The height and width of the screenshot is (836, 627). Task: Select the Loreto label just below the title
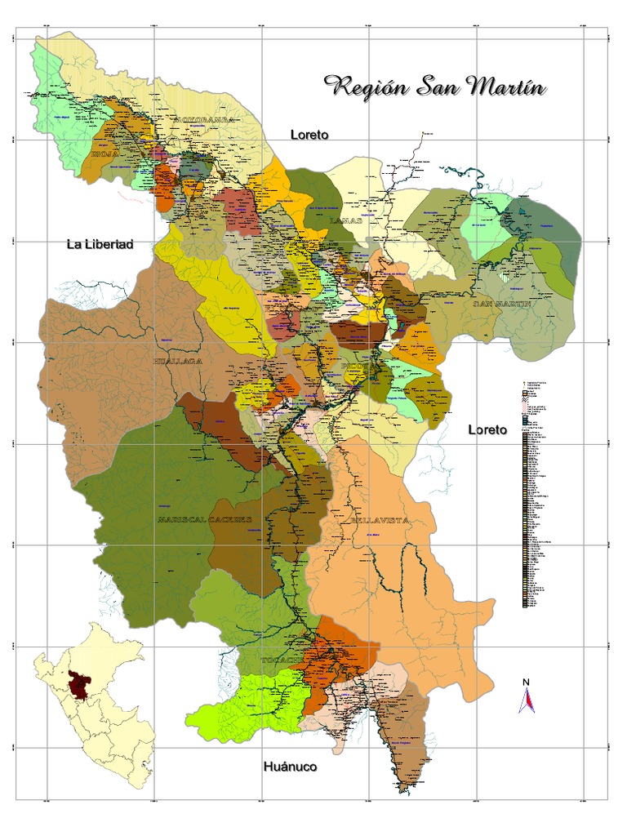pos(309,135)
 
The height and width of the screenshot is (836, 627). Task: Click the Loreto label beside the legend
pos(487,429)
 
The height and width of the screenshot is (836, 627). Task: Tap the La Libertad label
pos(100,244)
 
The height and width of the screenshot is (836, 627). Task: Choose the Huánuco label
pos(290,767)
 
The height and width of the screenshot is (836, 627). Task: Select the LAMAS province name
pos(342,220)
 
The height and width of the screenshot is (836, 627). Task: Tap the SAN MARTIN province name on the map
pos(502,303)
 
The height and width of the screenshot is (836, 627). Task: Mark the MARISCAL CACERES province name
pos(205,519)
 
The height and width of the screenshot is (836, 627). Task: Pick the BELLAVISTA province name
pos(378,520)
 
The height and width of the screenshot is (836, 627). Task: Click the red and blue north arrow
pos(527,700)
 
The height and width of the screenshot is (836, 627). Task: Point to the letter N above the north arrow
pos(527,682)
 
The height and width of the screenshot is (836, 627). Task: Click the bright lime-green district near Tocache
pos(245,702)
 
